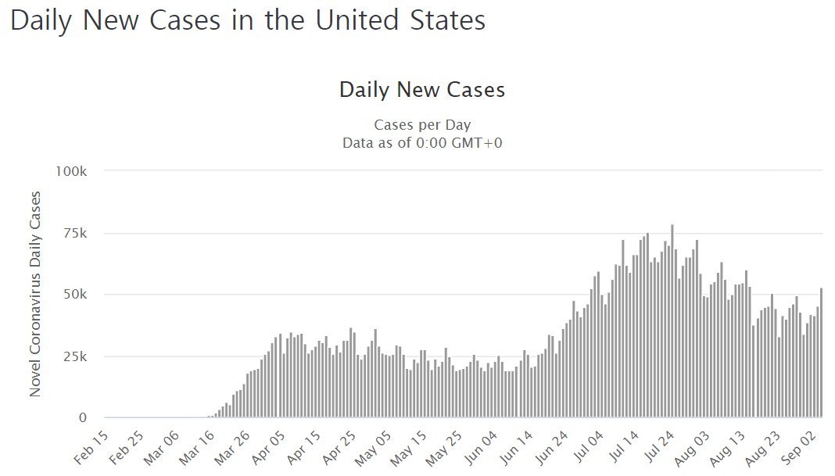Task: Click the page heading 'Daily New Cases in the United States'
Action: [248, 21]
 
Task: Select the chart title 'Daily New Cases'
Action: [422, 90]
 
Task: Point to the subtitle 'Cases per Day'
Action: [422, 125]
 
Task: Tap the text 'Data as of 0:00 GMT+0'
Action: [422, 142]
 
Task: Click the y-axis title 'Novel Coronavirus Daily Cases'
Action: [35, 294]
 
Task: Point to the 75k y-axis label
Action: [74, 233]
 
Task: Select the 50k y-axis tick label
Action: [74, 295]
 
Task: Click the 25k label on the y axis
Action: [74, 356]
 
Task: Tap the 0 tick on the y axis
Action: [82, 418]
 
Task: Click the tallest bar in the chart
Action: [672, 321]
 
